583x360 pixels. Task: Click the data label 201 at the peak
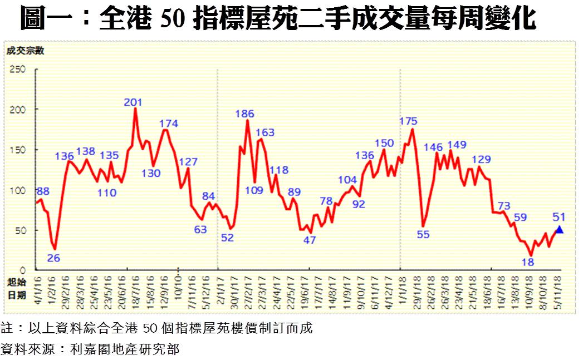[134, 102]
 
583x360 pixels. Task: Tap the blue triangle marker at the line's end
[559, 230]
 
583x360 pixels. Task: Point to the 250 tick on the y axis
[18, 69]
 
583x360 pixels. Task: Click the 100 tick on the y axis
[18, 190]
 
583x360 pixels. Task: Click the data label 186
[244, 114]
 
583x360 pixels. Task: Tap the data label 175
[409, 121]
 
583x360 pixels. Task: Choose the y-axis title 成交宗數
[25, 51]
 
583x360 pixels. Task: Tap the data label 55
[423, 234]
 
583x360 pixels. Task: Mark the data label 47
[310, 240]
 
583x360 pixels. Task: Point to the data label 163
[265, 132]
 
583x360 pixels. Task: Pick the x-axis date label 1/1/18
[401, 289]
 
